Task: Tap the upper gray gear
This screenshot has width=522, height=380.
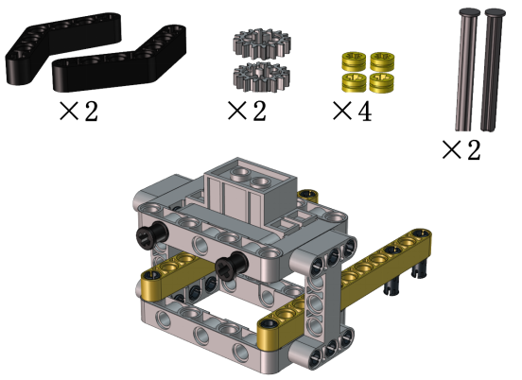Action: pyautogui.click(x=262, y=43)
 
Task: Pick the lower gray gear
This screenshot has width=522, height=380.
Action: pyautogui.click(x=262, y=77)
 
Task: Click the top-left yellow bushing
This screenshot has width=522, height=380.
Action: pyautogui.click(x=354, y=61)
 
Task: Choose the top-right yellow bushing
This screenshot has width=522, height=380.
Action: pyautogui.click(x=382, y=61)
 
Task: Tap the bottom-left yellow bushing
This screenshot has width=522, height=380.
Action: pyautogui.click(x=354, y=82)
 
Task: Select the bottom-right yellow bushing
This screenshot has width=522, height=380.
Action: pyautogui.click(x=382, y=82)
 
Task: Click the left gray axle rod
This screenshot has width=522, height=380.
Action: pyautogui.click(x=467, y=70)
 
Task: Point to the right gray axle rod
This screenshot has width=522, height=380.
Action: pyautogui.click(x=493, y=70)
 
